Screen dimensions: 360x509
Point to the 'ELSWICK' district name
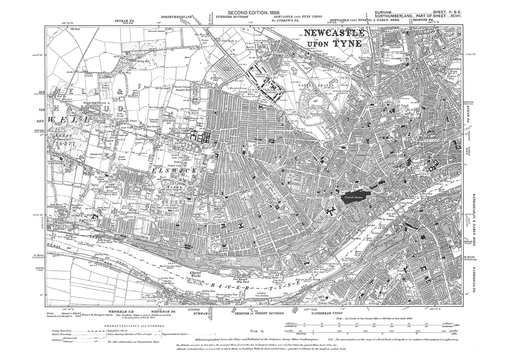[165, 170]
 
